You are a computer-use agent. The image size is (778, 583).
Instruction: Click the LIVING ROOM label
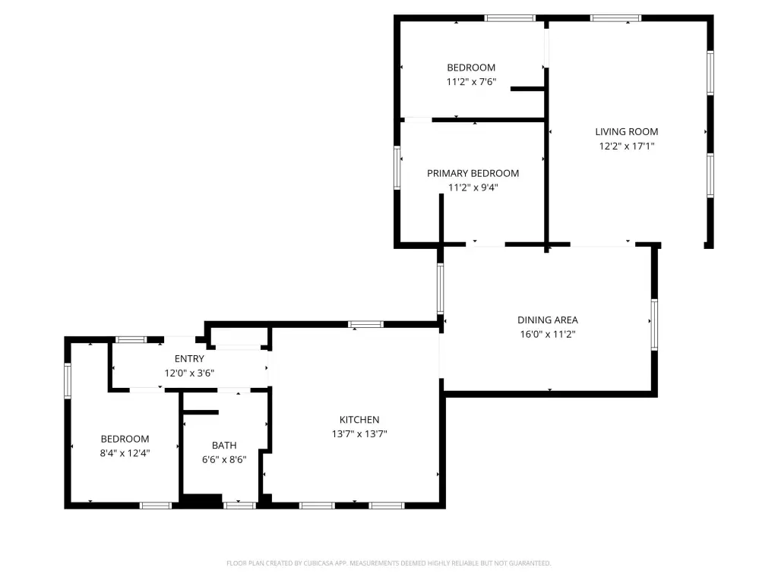point(627,132)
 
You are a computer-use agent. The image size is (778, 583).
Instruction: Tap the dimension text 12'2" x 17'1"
point(627,147)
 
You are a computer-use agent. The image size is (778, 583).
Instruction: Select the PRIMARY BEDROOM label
point(473,174)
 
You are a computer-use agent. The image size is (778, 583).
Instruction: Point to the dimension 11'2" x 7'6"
point(471,82)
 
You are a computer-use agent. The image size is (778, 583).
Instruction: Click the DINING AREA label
point(548,320)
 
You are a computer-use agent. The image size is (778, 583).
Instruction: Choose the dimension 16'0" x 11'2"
point(548,335)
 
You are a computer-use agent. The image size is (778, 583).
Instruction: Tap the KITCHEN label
point(359,420)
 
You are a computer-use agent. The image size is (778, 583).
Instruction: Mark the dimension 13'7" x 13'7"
point(359,434)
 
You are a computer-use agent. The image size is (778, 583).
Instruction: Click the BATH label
point(224,446)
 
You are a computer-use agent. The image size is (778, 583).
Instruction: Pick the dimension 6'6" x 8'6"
point(224,459)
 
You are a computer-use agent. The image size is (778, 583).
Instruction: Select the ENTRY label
point(189,359)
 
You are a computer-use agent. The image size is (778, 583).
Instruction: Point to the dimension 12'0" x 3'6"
point(189,373)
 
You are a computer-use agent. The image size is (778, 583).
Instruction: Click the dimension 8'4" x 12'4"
point(125,453)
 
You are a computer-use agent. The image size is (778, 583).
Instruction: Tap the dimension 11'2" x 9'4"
point(473,188)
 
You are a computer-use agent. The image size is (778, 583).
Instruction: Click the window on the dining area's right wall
point(654,325)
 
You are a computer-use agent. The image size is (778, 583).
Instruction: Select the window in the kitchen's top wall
point(365,325)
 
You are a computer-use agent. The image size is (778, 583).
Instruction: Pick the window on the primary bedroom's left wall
point(397,168)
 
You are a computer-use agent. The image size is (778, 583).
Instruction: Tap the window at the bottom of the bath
point(239,506)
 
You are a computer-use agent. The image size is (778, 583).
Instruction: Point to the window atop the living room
point(615,18)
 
